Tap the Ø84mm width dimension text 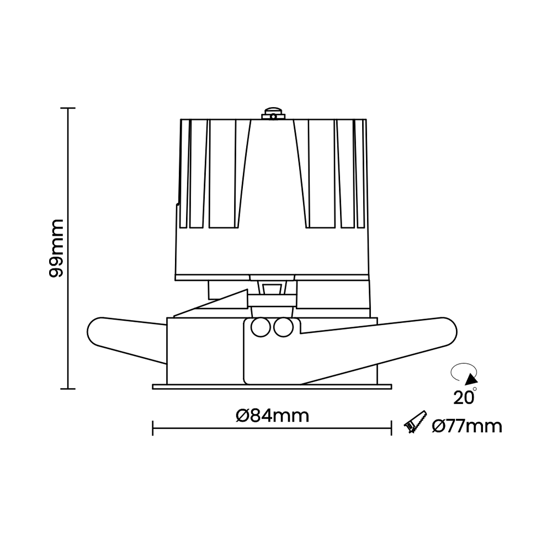pos(272,415)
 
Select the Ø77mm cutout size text pos(467,426)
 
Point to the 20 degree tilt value pos(463,396)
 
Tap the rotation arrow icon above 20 pos(464,375)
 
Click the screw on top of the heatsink pos(273,114)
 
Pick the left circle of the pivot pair pos(259,327)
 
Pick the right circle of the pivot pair pos(284,327)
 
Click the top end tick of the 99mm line pos(68,108)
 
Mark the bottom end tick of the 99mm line pos(68,389)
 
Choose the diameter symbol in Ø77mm pos(439,426)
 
